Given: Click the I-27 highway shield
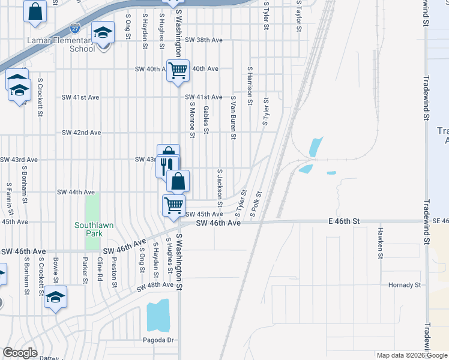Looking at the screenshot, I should point(74,29).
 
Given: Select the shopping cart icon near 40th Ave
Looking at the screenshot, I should point(178,71).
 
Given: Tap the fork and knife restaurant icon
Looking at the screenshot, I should point(167,166).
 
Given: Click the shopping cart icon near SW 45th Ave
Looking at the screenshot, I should point(174,205).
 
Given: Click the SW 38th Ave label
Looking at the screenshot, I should point(203,40).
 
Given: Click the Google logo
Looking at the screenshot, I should point(20,353).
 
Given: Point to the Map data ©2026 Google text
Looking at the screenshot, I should point(411,355).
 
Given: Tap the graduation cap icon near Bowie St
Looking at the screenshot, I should point(56,297).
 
